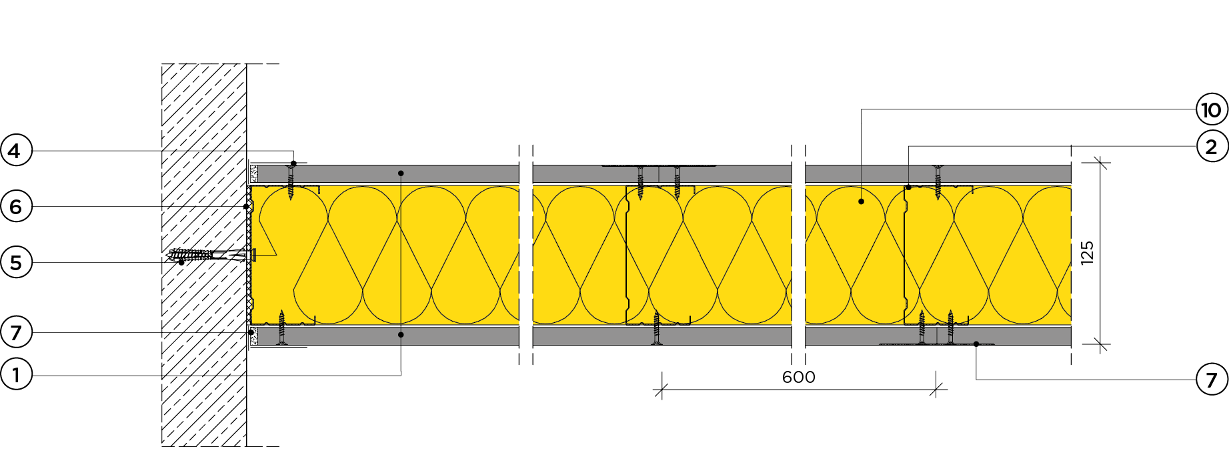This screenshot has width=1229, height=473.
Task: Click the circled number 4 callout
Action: point(16,151)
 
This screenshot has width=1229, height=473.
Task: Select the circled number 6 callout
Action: point(16,207)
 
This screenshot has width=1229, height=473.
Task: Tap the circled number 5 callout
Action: point(16,263)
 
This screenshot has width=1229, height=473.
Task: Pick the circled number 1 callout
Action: point(16,375)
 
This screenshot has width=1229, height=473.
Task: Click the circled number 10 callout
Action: point(1212,109)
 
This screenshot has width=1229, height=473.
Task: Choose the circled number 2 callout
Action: point(1212,147)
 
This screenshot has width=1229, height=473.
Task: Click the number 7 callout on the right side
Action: point(1212,380)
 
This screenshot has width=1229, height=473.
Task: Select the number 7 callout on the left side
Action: point(16,332)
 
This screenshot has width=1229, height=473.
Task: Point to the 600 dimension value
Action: point(798,378)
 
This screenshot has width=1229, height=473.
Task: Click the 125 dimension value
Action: point(1087,253)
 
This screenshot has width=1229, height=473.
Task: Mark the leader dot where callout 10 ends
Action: point(861,201)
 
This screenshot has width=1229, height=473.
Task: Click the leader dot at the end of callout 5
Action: point(181,263)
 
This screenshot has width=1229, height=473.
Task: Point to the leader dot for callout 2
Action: point(908,187)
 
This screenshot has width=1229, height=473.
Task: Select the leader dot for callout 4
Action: point(293,163)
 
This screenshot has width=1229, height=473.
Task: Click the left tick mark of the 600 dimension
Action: point(661,390)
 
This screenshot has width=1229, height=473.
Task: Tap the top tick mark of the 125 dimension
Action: point(1100,162)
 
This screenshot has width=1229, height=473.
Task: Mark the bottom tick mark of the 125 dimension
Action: point(1100,344)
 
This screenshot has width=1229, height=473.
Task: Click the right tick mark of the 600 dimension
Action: point(937,390)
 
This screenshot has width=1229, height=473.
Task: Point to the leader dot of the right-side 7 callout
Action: point(976,344)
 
